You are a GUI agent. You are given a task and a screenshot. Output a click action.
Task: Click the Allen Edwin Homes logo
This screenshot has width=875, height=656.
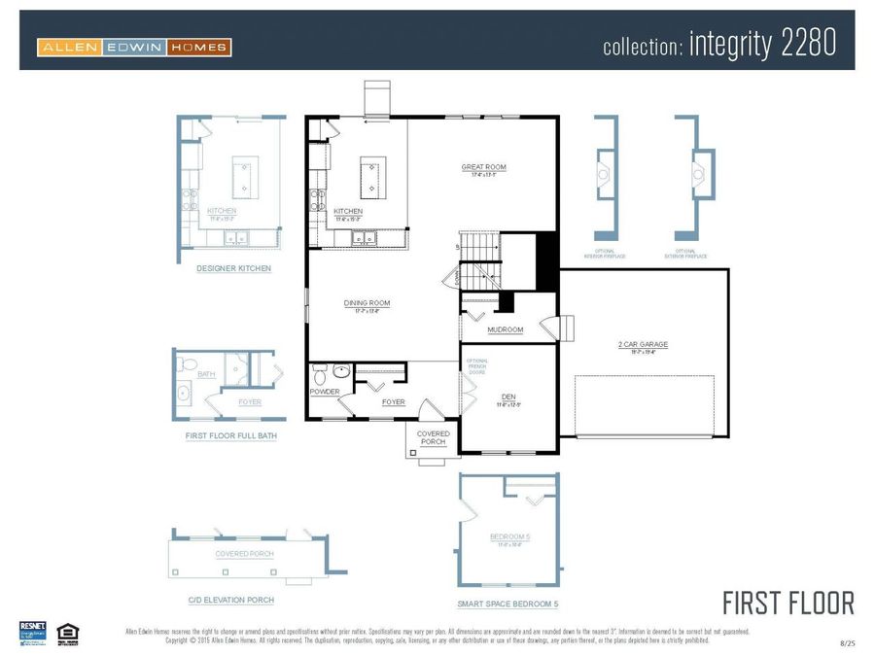(x=134, y=47)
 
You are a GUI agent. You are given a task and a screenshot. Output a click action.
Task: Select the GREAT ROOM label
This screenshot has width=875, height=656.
(x=483, y=168)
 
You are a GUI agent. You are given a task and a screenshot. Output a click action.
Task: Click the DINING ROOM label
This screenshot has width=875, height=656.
(x=367, y=303)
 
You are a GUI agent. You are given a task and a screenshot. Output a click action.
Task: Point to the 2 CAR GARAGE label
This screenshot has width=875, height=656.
(x=643, y=344)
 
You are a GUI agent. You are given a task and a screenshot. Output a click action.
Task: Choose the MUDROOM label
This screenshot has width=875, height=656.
(x=506, y=329)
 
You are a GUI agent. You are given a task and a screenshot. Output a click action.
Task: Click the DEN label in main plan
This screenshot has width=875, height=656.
(x=508, y=397)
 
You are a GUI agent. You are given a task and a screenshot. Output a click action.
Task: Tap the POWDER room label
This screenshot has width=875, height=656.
(x=325, y=392)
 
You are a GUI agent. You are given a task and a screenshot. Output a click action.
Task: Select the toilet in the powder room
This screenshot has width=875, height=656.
(x=340, y=370)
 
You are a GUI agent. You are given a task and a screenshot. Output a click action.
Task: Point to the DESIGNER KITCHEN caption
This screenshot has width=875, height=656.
(x=233, y=268)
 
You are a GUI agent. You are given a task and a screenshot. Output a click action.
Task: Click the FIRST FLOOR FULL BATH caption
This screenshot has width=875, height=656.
(x=231, y=436)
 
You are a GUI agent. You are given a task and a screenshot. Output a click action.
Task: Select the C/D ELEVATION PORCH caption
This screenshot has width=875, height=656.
(x=230, y=600)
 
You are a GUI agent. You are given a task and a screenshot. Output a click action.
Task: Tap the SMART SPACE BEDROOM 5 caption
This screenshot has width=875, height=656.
(x=507, y=604)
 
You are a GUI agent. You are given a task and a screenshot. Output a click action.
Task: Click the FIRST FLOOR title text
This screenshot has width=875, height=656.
(x=788, y=603)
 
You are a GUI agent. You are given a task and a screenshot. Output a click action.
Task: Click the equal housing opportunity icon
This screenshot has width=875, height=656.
(x=67, y=632)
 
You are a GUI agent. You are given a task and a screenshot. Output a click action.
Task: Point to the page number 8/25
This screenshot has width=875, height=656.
(x=848, y=643)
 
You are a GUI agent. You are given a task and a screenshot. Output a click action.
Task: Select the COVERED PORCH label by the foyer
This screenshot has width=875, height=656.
(x=433, y=437)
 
